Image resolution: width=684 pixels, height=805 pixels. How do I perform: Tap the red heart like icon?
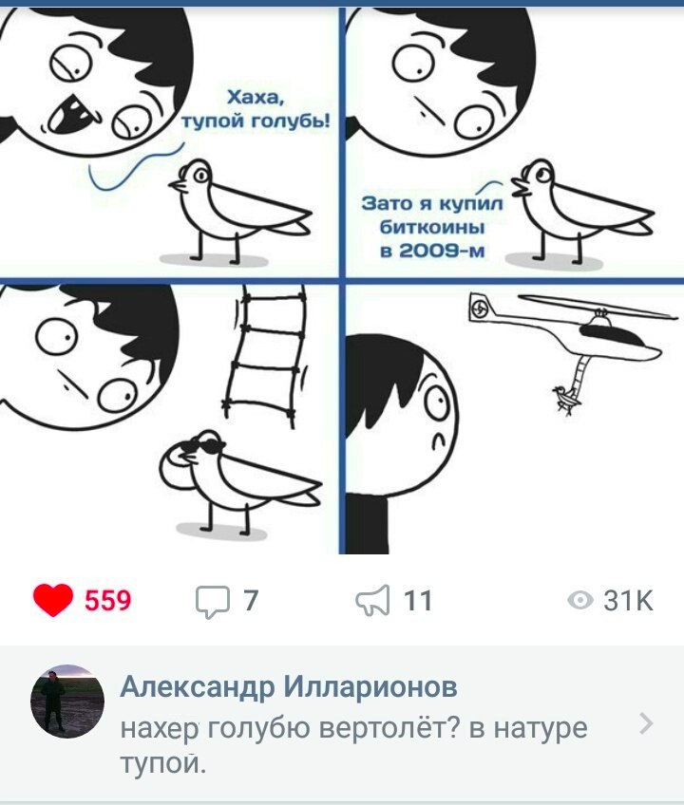tap(52, 600)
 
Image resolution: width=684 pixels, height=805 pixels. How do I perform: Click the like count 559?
tap(108, 600)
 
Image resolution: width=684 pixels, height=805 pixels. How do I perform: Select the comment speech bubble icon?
tap(212, 602)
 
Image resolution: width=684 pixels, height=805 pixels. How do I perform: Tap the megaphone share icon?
tap(372, 600)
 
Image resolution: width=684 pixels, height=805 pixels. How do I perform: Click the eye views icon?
tap(580, 600)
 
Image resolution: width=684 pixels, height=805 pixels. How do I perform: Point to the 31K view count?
tap(629, 600)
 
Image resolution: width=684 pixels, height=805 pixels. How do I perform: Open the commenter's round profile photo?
tap(67, 702)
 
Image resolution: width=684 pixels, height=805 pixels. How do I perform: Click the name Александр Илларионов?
tap(288, 686)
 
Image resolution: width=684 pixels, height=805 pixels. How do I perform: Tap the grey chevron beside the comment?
tap(647, 724)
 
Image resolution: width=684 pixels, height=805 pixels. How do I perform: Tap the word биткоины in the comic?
tap(431, 227)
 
